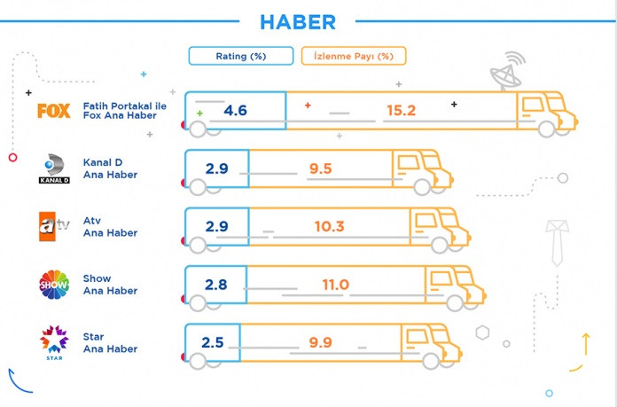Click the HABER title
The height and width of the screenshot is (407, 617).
298,20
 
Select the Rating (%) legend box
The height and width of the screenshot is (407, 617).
240,56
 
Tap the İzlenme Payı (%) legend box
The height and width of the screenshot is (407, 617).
354,56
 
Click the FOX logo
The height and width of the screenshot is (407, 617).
53,110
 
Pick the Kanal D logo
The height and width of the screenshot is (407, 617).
53,168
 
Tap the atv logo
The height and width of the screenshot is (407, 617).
52,226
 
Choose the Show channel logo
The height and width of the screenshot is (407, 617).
53,284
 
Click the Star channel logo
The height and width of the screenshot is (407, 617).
53,342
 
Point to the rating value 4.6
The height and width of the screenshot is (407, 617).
235,111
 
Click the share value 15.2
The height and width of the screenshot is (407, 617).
401,111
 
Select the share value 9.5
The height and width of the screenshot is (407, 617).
320,168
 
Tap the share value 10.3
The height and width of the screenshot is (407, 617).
328,227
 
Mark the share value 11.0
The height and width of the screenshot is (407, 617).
335,285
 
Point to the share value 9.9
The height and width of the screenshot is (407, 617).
320,342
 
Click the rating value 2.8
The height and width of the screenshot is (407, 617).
216,285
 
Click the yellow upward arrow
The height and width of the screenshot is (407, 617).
586,341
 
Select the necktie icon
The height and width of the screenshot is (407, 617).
557,239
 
